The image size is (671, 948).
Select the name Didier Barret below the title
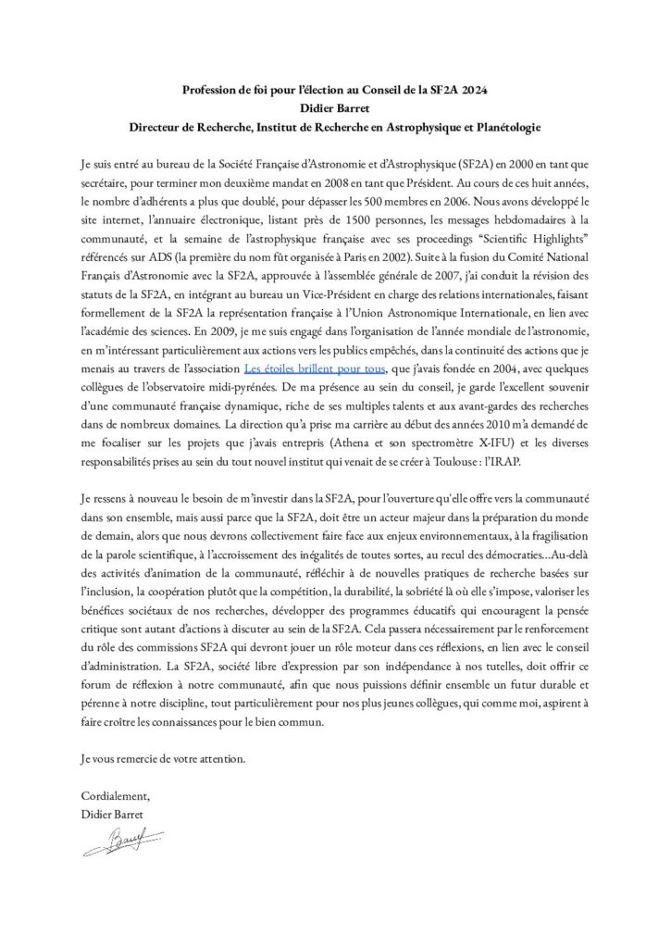[334, 106]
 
